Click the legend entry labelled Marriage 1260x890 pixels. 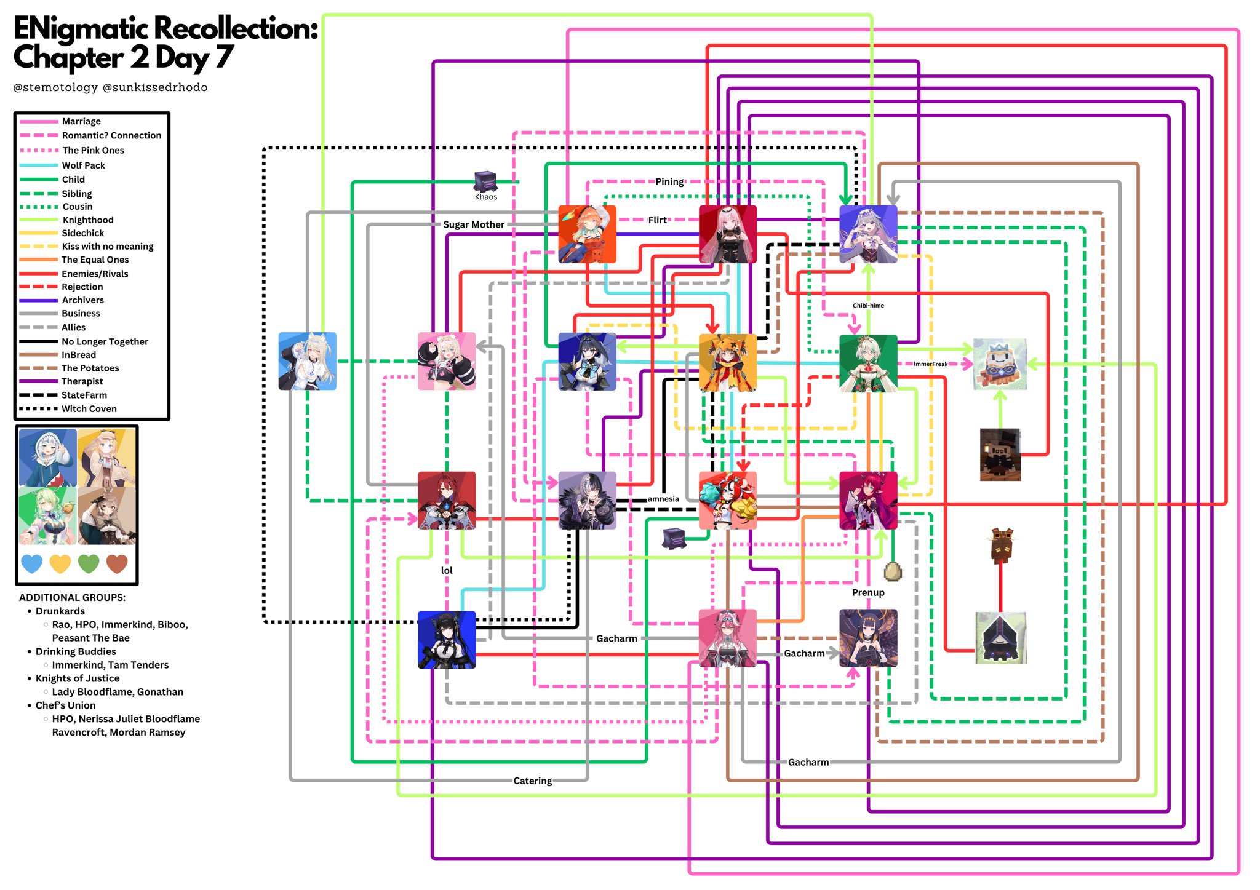[x=81, y=121]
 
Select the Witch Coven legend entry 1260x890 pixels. [x=89, y=408]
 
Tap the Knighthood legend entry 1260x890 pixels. [x=87, y=220]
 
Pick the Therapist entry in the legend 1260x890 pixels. [x=82, y=381]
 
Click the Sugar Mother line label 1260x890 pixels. [x=473, y=224]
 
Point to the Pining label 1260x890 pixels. [x=669, y=181]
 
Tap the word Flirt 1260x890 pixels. [x=657, y=220]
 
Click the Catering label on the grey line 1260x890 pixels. [x=532, y=781]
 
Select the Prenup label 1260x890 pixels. [x=867, y=592]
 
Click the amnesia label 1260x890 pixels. [x=663, y=499]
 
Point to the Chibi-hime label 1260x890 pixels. [x=867, y=306]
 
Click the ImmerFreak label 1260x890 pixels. [x=930, y=364]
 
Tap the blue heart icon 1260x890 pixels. [x=32, y=563]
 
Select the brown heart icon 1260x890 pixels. [x=117, y=563]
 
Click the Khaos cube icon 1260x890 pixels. [x=485, y=181]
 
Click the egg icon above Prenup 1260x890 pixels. [x=892, y=571]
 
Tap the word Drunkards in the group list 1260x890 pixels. [x=60, y=611]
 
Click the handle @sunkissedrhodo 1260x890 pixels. [x=155, y=87]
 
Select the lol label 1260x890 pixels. [x=447, y=570]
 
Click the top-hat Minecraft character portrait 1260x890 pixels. [x=1000, y=454]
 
